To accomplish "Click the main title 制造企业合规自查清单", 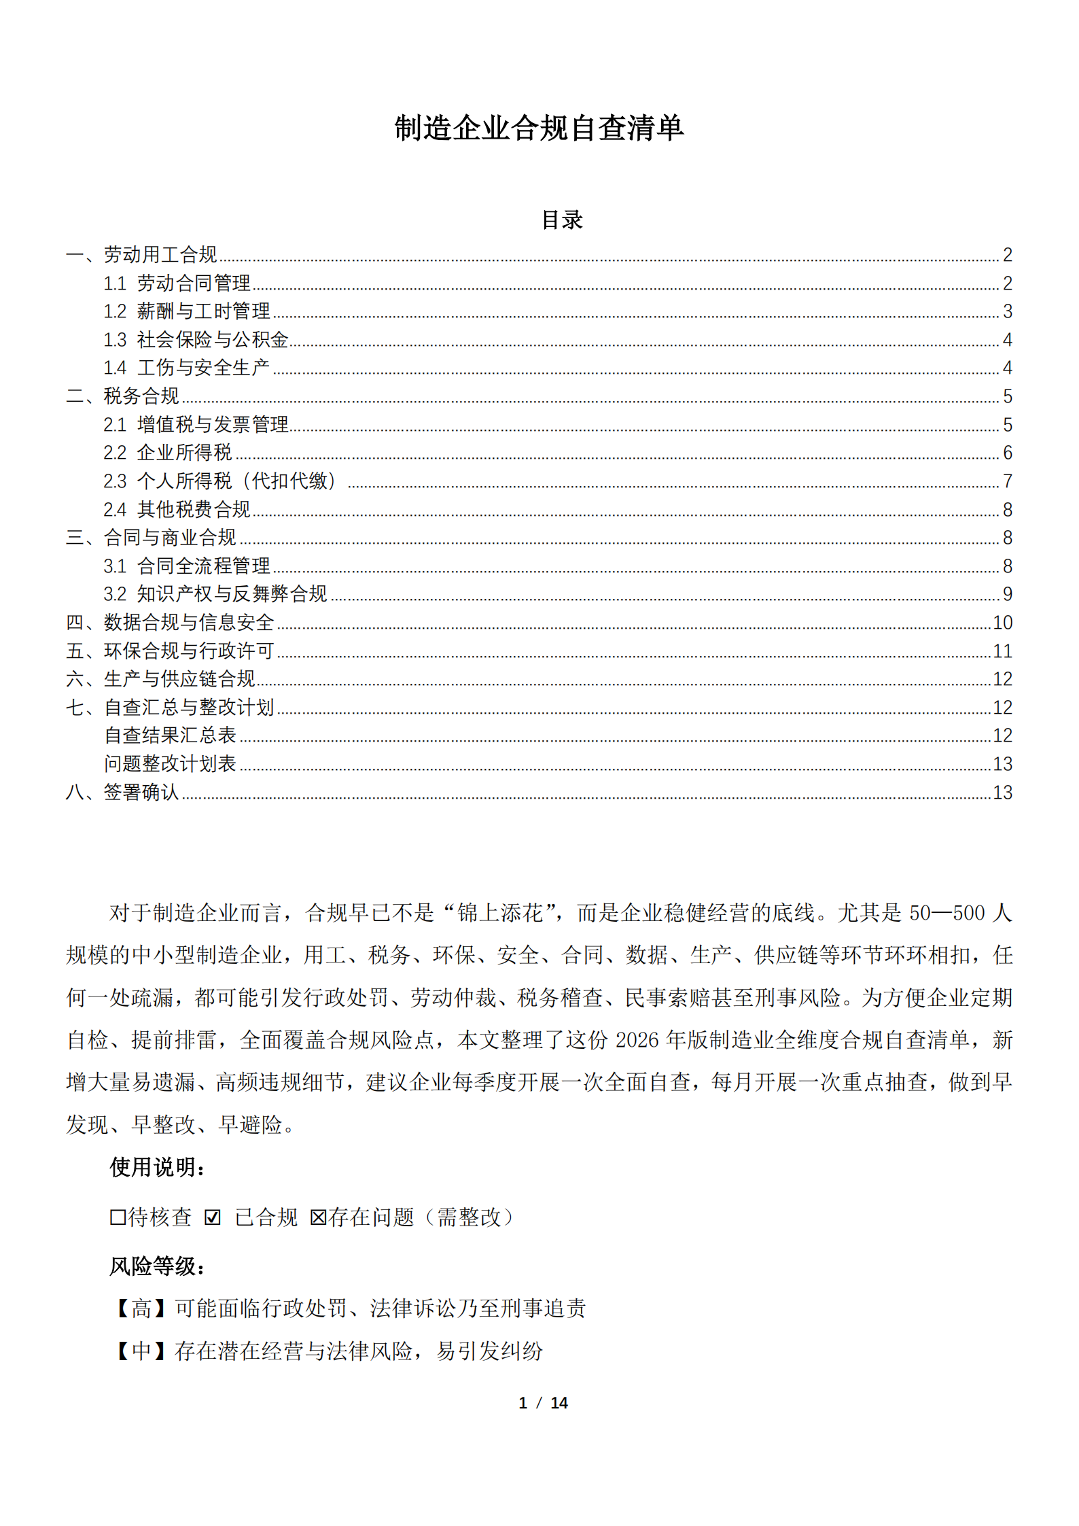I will pos(539,128).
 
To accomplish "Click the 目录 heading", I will pos(562,220).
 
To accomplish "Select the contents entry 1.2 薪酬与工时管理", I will pos(187,311).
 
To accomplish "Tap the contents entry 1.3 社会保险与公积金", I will pos(196,339).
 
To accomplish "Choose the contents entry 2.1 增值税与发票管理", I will pos(196,425).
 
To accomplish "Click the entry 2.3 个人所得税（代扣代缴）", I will pos(219,481).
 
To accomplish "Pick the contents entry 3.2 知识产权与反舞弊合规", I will pos(215,594).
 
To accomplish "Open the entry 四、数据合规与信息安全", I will pos(170,623).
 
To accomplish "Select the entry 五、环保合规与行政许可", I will pos(170,651).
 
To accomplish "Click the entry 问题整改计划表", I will pos(170,764).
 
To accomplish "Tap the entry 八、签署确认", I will pos(122,793).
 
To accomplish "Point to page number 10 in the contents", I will pos(1002,623).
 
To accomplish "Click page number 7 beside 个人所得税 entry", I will pos(1007,481).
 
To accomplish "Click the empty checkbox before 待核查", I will pos(118,1217).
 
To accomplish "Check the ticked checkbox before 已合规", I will pos(213,1217).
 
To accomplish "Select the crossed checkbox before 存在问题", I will pos(318,1217).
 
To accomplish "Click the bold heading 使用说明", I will pos(157,1167).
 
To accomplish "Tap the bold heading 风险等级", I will pos(157,1266).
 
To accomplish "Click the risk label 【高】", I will pos(141,1308).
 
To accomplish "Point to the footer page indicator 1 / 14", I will pos(542,1403).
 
